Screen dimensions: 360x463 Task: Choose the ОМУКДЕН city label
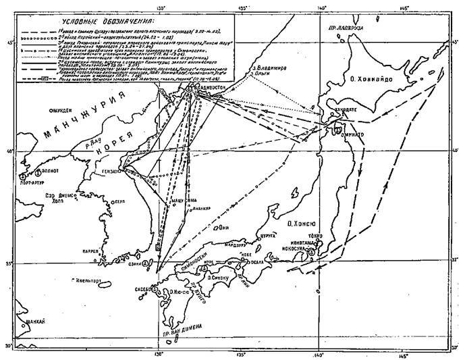click(61, 109)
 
